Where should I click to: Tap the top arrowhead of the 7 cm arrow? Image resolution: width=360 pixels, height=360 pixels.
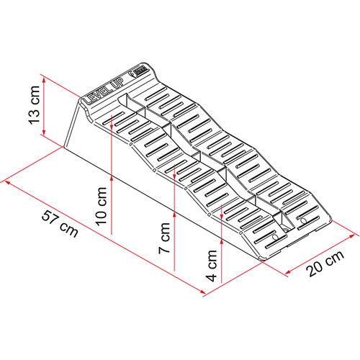(x=175, y=167)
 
